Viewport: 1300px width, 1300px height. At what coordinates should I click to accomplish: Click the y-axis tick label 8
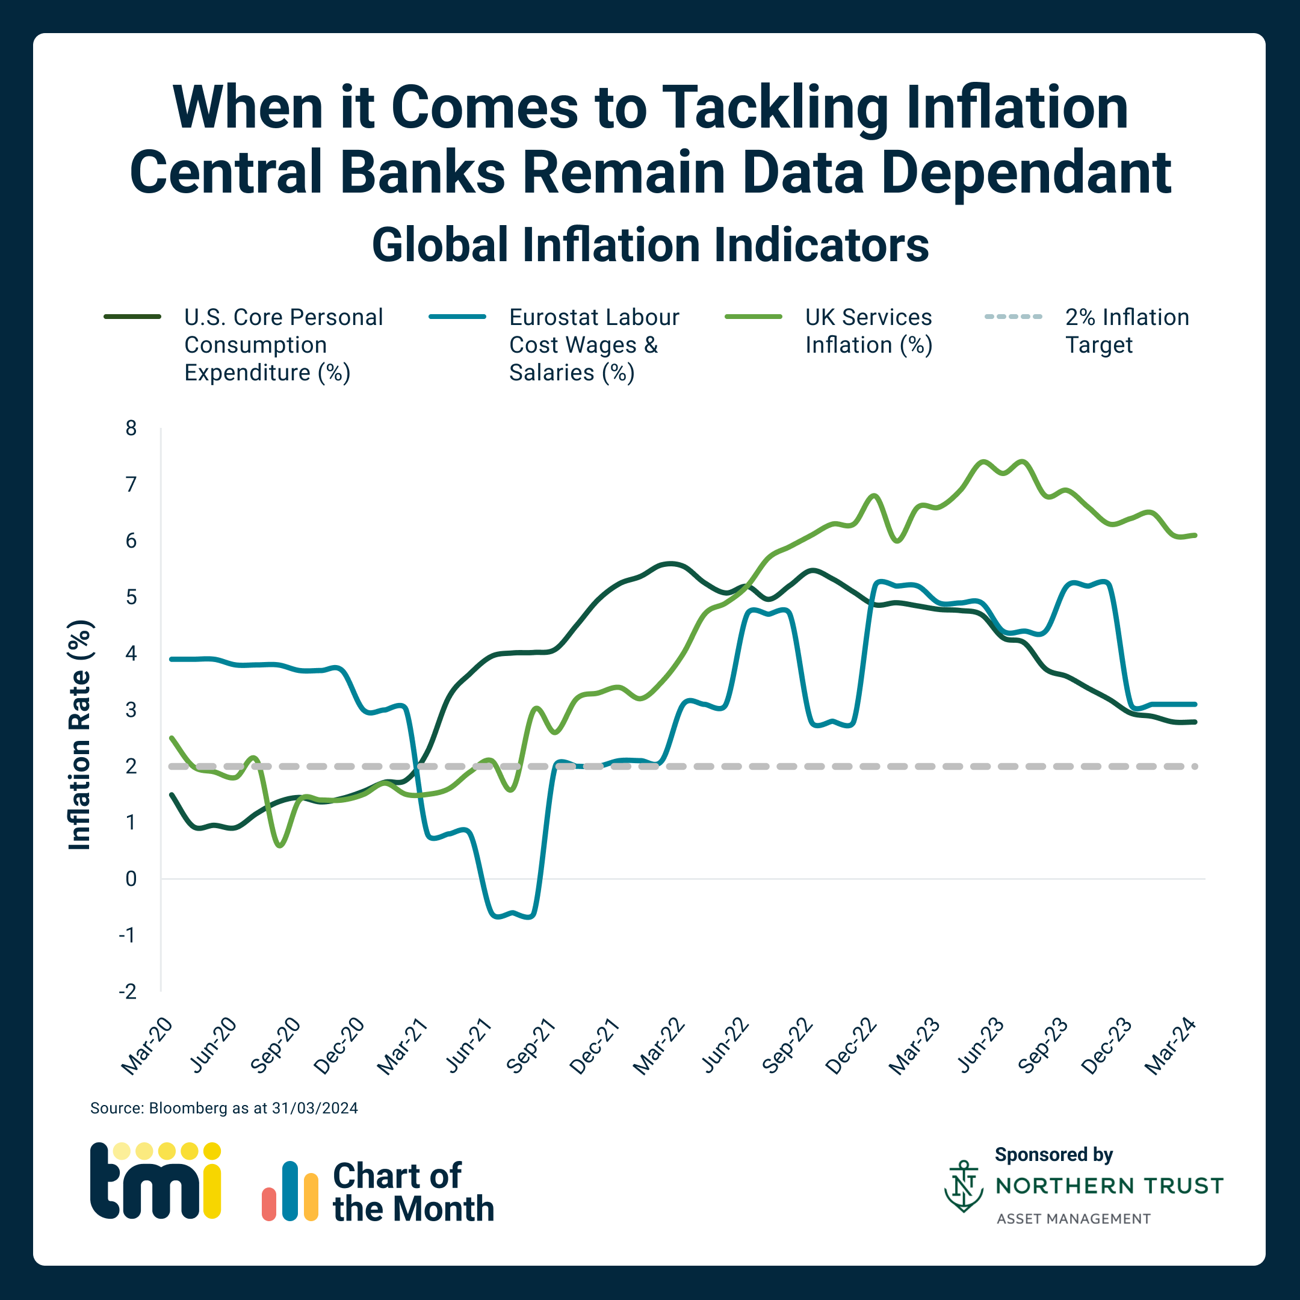click(x=131, y=428)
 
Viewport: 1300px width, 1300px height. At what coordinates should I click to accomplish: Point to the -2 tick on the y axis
click(x=128, y=991)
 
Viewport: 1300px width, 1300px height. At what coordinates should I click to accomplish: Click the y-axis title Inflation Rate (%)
click(x=79, y=735)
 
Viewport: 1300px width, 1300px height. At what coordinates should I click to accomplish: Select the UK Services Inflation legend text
click(x=868, y=330)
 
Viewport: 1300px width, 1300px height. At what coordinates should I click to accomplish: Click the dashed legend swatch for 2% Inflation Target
click(x=1013, y=316)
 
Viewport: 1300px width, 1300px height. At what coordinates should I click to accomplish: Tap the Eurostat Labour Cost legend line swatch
click(x=457, y=316)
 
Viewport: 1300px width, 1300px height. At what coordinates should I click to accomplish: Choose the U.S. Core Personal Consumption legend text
click(x=283, y=344)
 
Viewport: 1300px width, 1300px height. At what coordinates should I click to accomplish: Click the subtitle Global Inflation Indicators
click(x=650, y=245)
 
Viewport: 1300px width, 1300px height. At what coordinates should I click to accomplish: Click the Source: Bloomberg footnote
click(x=224, y=1108)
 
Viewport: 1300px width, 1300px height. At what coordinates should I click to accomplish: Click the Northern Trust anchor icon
click(x=964, y=1186)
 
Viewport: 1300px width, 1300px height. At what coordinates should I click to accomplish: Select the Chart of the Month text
click(x=412, y=1192)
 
